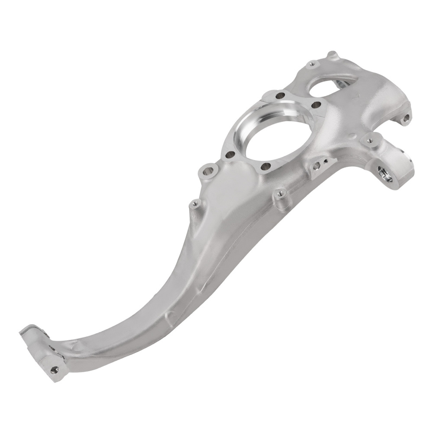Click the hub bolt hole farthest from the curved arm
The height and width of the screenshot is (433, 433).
tap(280, 94)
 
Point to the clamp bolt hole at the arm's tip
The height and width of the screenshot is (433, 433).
tap(54, 371)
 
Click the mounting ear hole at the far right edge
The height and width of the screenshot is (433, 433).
tap(406, 117)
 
